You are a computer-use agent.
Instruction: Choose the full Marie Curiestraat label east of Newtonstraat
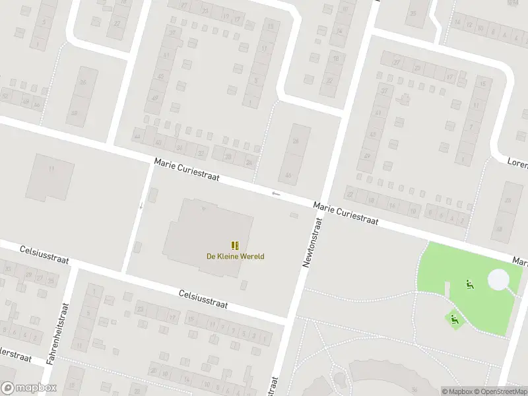tap(346, 214)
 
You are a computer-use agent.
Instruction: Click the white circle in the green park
tap(499, 280)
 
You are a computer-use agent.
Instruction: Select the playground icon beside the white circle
tap(470, 284)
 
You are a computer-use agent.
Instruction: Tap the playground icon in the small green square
tap(454, 319)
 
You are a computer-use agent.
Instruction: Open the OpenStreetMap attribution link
tap(501, 391)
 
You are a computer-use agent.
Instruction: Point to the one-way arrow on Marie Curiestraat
tap(276, 193)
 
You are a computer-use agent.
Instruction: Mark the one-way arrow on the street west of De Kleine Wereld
tap(141, 205)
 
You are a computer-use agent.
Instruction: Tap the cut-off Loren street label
tap(517, 161)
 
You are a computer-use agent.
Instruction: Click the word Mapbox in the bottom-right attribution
tap(460, 391)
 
